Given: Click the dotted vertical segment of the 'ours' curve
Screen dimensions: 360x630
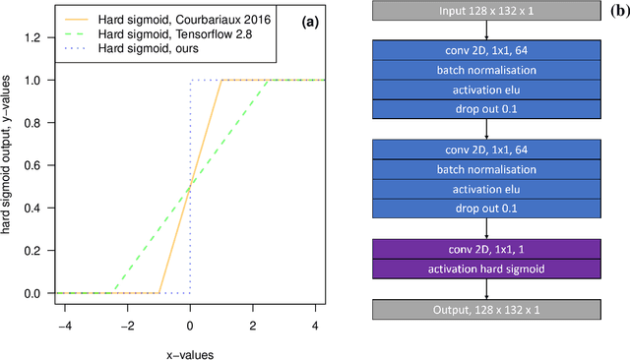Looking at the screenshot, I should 190,187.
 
